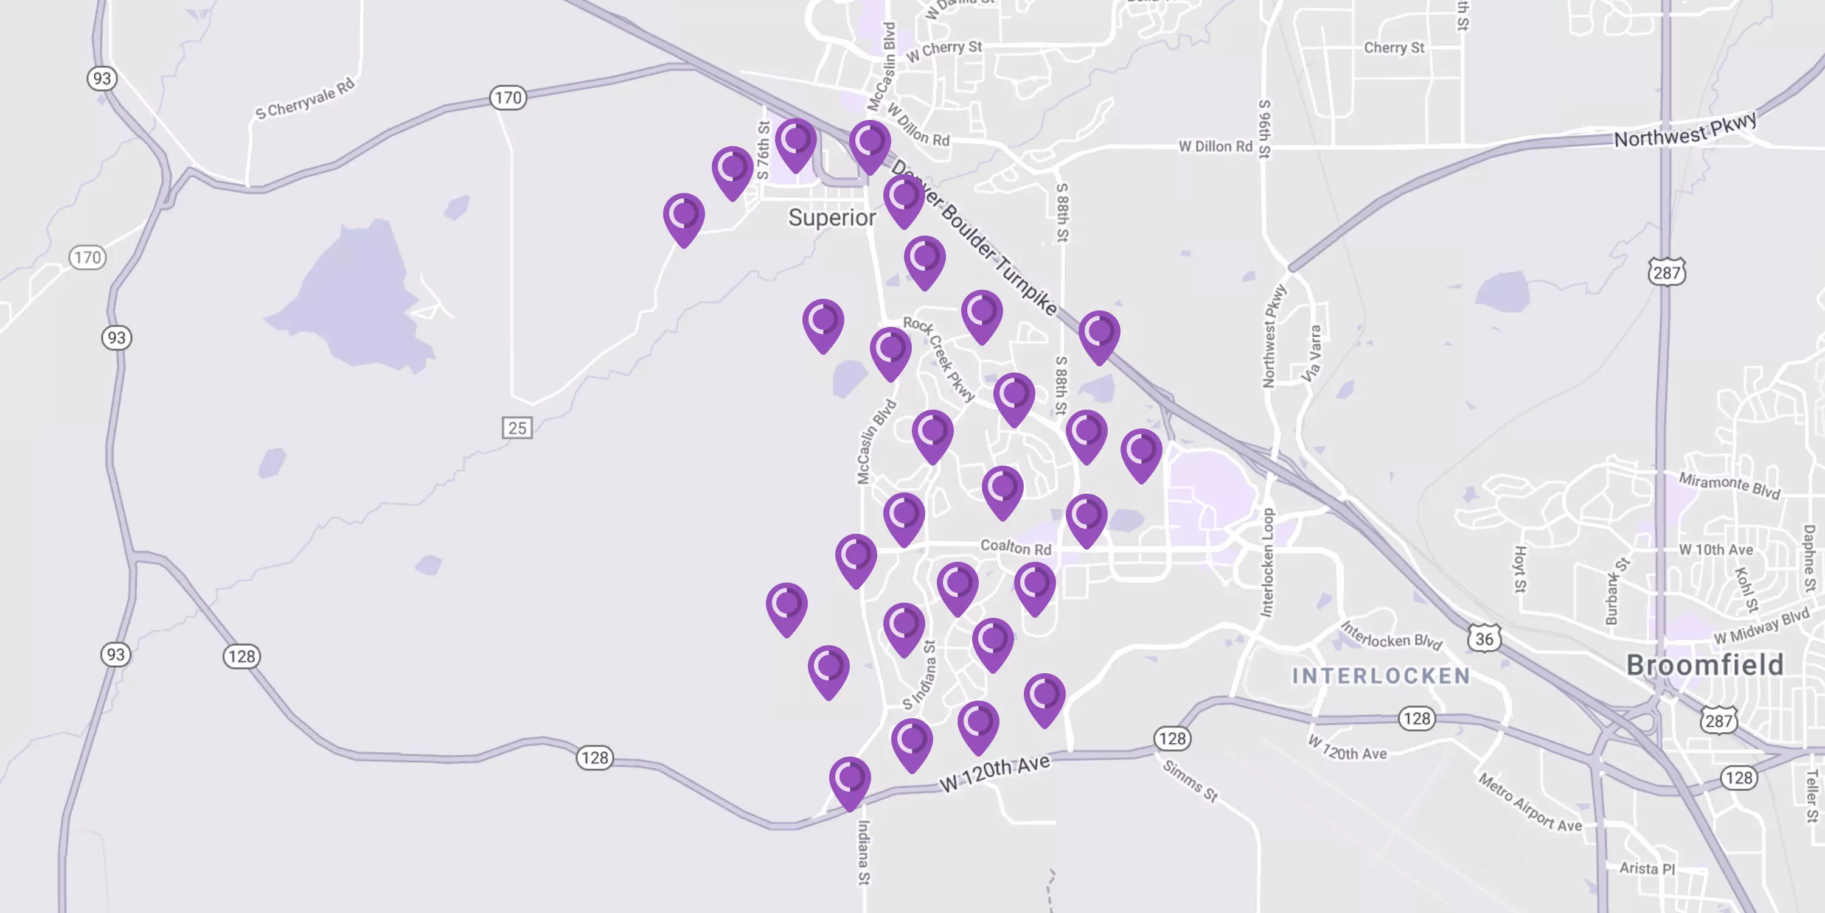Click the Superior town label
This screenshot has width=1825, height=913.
point(832,218)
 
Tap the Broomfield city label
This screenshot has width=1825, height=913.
point(1705,665)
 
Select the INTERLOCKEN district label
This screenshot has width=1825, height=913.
point(1381,676)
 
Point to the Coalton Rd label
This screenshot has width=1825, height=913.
point(1015,547)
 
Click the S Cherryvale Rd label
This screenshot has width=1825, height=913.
point(305,100)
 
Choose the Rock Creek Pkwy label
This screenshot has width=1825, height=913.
point(939,359)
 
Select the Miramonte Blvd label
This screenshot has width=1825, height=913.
point(1729,486)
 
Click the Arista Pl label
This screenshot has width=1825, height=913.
point(1647,869)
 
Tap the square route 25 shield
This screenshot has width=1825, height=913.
point(517,427)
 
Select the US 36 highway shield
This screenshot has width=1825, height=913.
point(1484,638)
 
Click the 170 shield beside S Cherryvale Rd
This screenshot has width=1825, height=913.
point(508,98)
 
